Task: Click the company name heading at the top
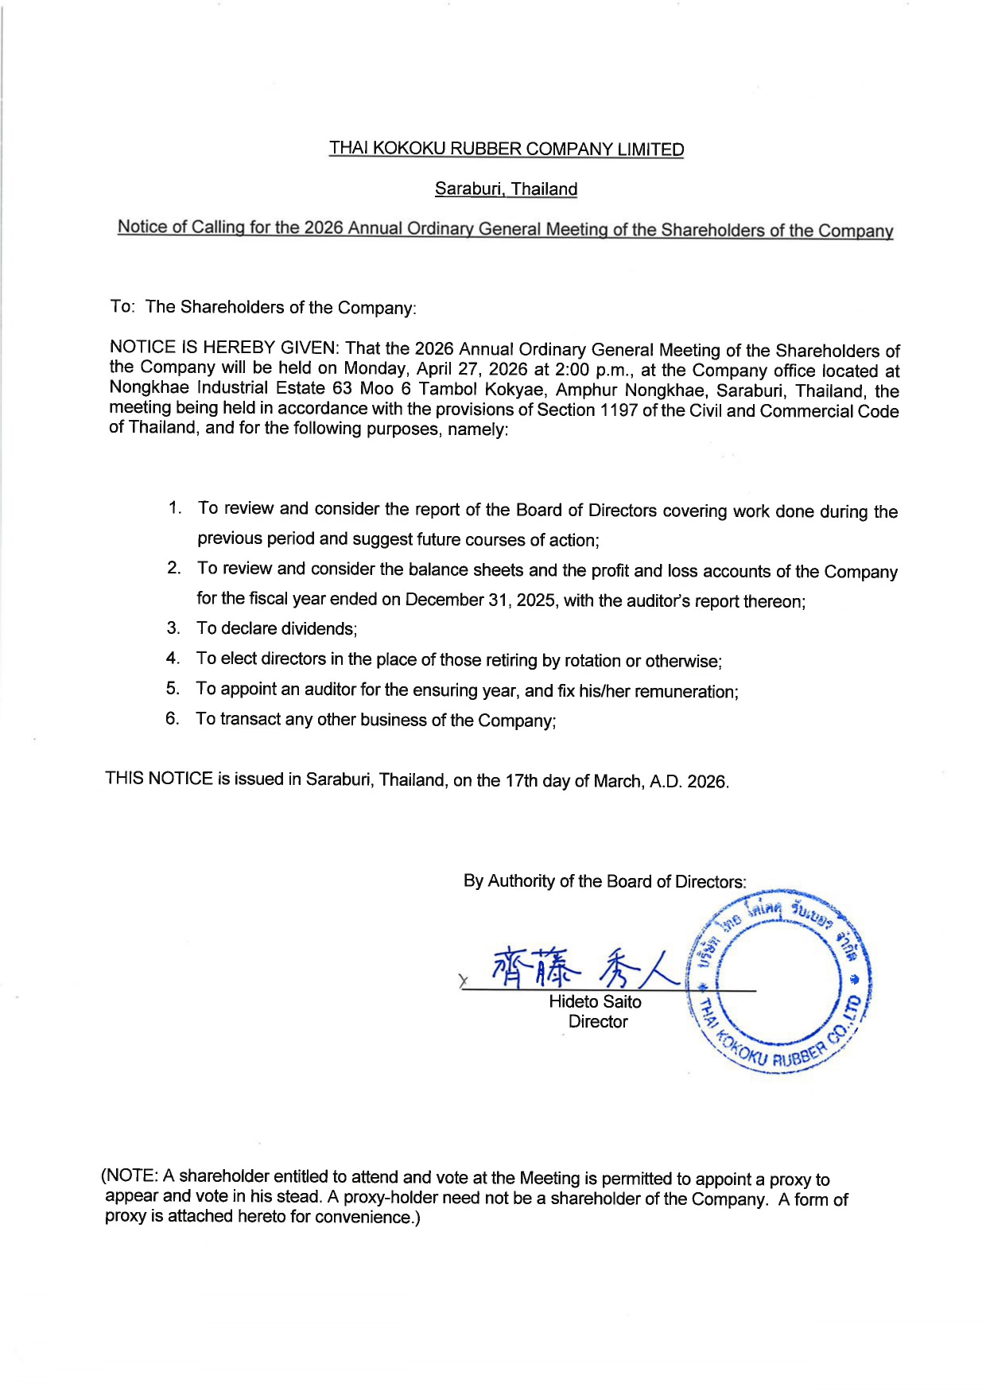pyautogui.click(x=507, y=149)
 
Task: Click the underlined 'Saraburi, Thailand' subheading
pyautogui.click(x=506, y=189)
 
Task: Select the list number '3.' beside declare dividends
pyautogui.click(x=173, y=628)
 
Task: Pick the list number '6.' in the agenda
pyautogui.click(x=173, y=718)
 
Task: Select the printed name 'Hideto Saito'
pyautogui.click(x=595, y=1002)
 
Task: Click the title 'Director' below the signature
pyautogui.click(x=598, y=1022)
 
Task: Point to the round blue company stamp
pyautogui.click(x=782, y=983)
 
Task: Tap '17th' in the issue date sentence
pyautogui.click(x=521, y=780)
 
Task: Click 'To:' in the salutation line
pyautogui.click(x=122, y=306)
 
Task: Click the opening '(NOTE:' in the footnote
pyautogui.click(x=130, y=1176)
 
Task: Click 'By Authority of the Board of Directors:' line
pyautogui.click(x=604, y=881)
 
